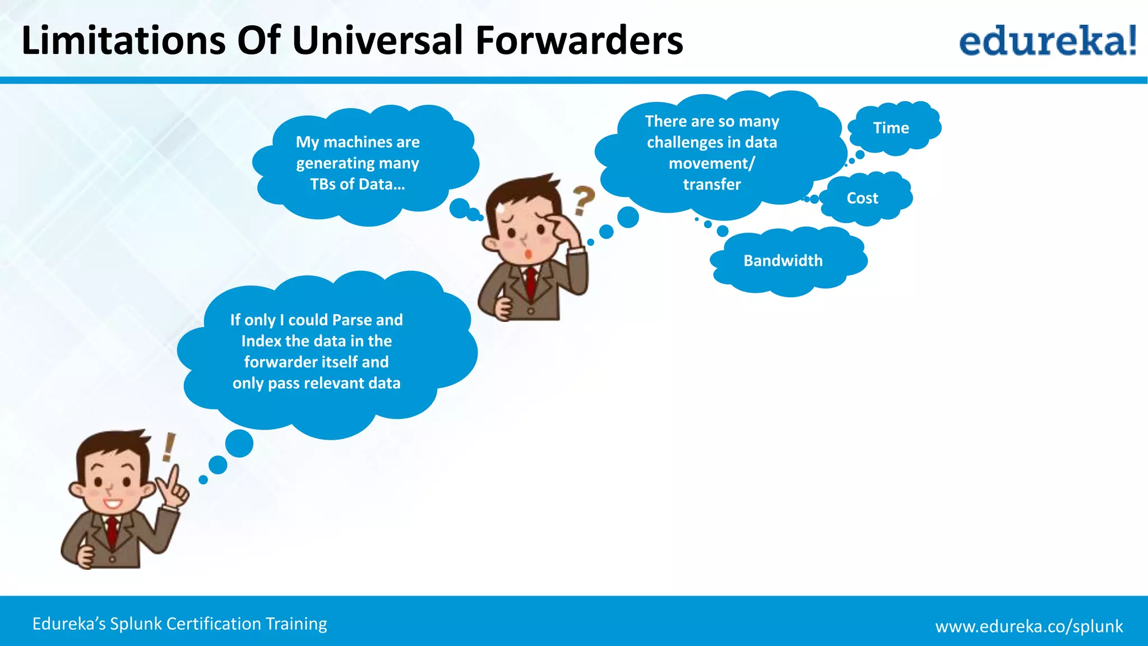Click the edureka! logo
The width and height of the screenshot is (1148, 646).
pyautogui.click(x=1047, y=40)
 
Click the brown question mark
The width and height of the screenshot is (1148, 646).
pyautogui.click(x=583, y=200)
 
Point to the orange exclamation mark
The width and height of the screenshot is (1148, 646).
pyautogui.click(x=169, y=447)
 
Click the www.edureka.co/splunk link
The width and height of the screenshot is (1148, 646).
pyautogui.click(x=1029, y=626)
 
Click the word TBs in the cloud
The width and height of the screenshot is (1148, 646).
pyautogui.click(x=322, y=184)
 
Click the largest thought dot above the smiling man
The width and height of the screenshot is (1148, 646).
pyautogui.click(x=239, y=443)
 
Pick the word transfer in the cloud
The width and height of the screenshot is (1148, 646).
pyautogui.click(x=712, y=184)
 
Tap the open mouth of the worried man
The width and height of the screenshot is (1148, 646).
pyautogui.click(x=528, y=254)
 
